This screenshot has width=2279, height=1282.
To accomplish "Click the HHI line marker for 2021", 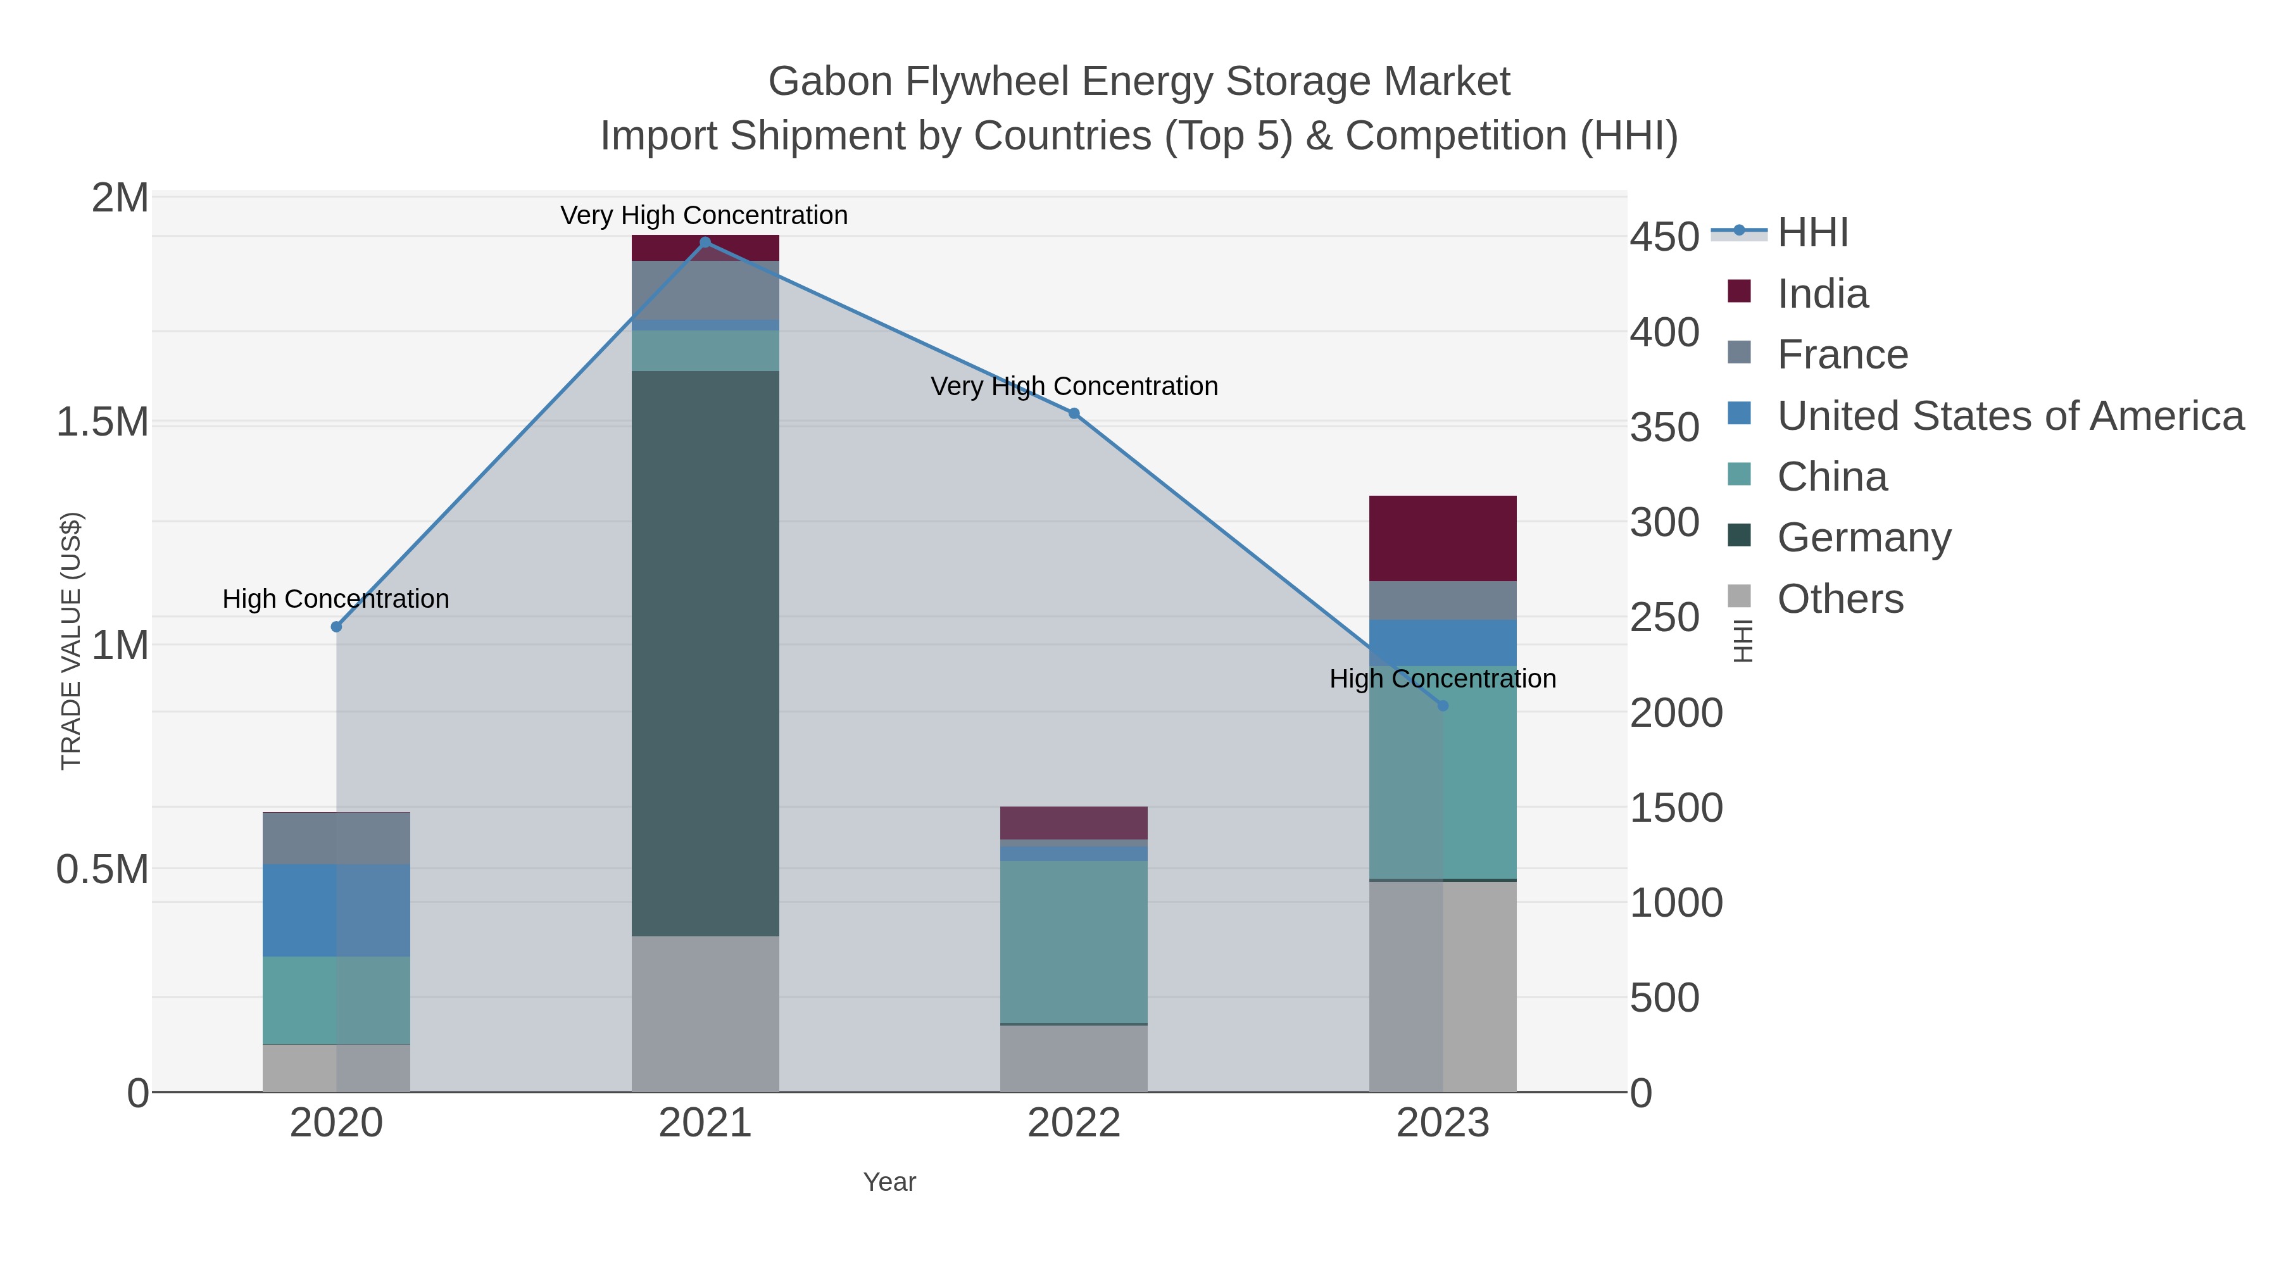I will [705, 242].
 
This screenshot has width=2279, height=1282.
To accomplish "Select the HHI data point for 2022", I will [1074, 413].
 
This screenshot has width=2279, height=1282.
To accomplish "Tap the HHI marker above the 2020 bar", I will [336, 626].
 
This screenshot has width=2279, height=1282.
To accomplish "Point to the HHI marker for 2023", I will [1443, 705].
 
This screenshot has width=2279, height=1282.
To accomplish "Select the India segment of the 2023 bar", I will [1443, 538].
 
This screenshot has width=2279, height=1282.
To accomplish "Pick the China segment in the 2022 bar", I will [1074, 941].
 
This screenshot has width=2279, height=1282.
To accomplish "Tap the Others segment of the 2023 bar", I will [1443, 986].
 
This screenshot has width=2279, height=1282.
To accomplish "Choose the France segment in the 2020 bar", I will [336, 838].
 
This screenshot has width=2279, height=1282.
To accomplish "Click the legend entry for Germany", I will [1863, 537].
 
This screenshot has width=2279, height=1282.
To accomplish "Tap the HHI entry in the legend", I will [1812, 233].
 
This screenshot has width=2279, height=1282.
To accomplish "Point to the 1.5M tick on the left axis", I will [103, 422].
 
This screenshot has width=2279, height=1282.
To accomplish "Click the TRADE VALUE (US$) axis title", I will [71, 641].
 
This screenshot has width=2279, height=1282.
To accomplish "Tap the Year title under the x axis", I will [889, 1181].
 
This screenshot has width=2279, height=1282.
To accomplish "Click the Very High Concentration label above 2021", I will [703, 215].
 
